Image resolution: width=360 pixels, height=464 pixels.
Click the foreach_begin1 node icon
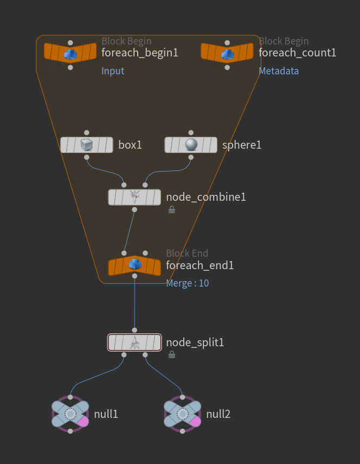point(70,53)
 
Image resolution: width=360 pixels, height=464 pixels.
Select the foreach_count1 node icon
point(227,53)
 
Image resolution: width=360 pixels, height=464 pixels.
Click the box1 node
point(87,145)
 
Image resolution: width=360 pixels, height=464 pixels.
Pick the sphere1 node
point(190,145)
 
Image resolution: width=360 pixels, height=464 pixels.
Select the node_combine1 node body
point(134,197)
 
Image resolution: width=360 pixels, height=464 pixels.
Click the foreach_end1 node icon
point(134,265)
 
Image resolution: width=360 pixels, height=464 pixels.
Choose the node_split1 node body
point(134,342)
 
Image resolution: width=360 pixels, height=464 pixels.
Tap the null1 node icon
point(70,414)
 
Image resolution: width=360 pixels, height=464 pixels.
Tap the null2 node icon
point(183,414)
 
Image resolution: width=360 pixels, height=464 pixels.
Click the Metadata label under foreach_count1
point(279,71)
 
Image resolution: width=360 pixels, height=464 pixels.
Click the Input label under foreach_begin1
point(113,71)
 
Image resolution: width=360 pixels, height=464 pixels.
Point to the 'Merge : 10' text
point(187,283)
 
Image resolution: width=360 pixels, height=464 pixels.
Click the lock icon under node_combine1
point(172,209)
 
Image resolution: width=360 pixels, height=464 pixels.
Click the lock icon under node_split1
point(172,355)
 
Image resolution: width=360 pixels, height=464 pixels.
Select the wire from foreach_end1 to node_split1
point(134,304)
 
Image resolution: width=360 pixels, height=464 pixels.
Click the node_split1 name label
point(195,342)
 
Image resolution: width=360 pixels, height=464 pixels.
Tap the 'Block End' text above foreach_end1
point(187,253)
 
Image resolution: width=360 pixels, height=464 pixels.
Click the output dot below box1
point(87,157)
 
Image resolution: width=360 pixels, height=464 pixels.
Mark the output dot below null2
point(183,431)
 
